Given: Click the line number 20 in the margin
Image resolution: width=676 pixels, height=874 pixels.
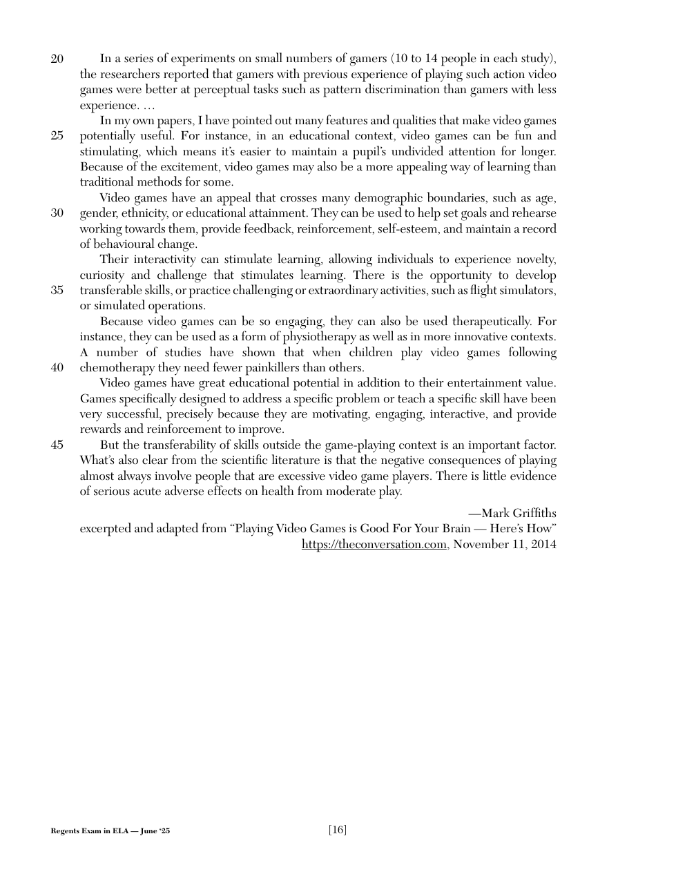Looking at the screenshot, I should click(x=57, y=59).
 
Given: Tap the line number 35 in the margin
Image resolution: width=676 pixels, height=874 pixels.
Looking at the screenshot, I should click(x=57, y=291).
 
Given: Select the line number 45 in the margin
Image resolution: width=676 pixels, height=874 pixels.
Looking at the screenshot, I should click(x=57, y=445).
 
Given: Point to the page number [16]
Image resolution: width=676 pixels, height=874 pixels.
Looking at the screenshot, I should click(x=338, y=829).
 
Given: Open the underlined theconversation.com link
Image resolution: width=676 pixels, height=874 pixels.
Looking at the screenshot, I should click(x=374, y=545).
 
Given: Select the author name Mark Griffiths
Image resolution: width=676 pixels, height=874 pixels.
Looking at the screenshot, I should click(x=519, y=514).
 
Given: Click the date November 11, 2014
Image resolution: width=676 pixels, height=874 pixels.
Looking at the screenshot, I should click(x=505, y=545).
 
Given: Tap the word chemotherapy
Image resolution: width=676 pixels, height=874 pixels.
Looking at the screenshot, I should click(x=117, y=368).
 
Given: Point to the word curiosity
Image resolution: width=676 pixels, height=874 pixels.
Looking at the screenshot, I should click(x=101, y=275).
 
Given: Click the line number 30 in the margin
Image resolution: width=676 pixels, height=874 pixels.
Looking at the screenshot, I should click(x=57, y=213).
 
